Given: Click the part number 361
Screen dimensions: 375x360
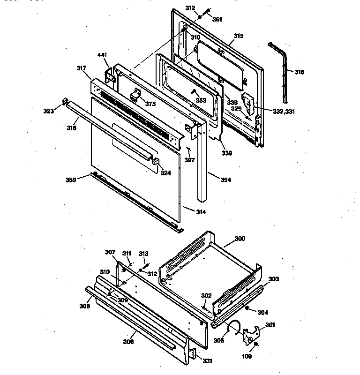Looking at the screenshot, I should (x=217, y=19).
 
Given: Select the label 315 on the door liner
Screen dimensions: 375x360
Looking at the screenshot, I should (x=239, y=36).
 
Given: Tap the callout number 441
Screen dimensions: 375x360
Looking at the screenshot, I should (x=102, y=55).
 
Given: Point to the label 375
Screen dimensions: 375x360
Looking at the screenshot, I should (x=150, y=104).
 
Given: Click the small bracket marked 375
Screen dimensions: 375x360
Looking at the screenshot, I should (x=136, y=95).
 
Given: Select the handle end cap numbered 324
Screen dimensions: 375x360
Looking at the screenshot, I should (x=155, y=162).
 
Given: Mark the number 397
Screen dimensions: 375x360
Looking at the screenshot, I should (x=189, y=160).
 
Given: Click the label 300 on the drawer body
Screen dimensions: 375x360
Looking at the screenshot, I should (x=240, y=239).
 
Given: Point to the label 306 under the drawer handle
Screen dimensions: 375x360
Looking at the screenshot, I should (x=128, y=341).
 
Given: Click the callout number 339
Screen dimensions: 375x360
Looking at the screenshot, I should (x=226, y=152).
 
